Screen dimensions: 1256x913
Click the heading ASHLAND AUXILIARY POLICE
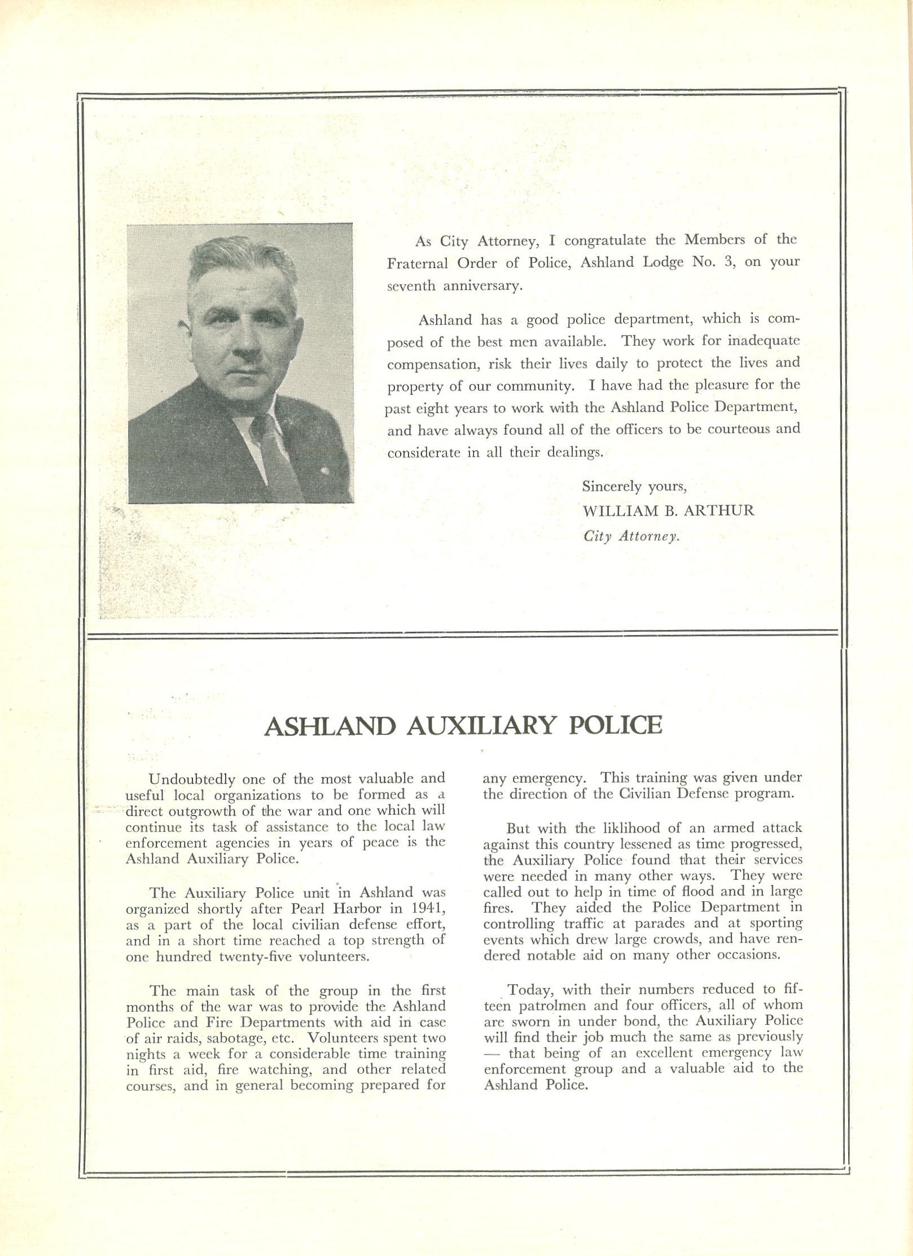[463, 726]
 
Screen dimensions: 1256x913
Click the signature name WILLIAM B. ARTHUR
[668, 511]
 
